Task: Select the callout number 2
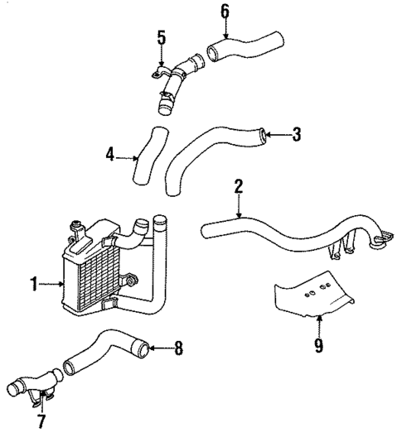point(238,186)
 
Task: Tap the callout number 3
point(295,133)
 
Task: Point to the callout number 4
point(110,154)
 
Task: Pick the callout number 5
point(162,37)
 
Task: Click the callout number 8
point(179,348)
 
